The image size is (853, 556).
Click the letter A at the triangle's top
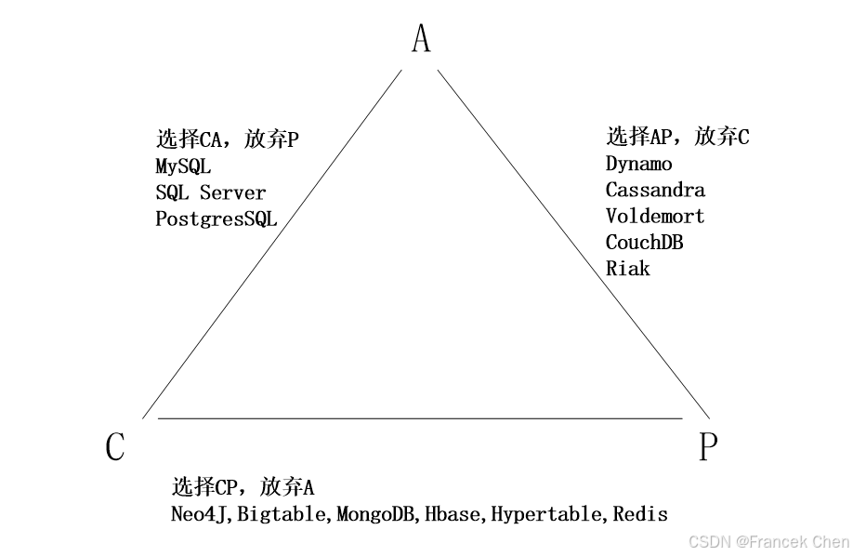coord(421,39)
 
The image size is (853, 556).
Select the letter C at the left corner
coord(115,447)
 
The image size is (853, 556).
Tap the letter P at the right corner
coord(708,447)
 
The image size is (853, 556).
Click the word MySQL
coord(183,167)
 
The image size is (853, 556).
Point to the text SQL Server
coord(210,193)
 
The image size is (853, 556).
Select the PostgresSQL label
coord(216,219)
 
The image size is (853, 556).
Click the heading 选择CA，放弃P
coord(228,140)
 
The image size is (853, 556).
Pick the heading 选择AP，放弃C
coord(677,138)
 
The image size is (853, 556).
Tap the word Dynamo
coord(638,164)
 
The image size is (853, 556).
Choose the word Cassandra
coord(655,190)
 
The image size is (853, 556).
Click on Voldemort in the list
coord(655,216)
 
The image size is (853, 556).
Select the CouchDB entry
coord(644,242)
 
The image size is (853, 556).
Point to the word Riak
coord(627,268)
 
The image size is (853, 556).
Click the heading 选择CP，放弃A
coord(243,487)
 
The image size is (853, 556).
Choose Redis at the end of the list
coord(640,514)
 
